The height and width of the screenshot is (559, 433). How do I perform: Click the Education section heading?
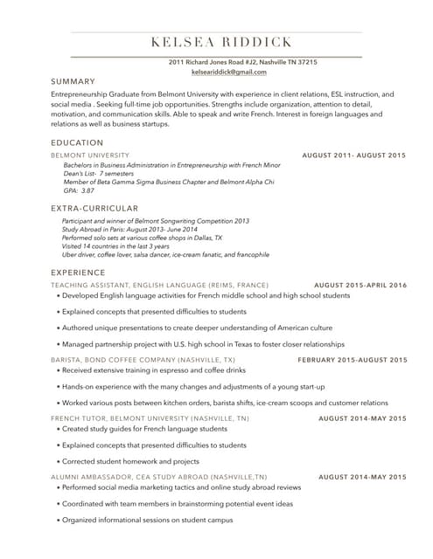77,142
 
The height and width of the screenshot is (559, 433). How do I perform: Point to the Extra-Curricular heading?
94,208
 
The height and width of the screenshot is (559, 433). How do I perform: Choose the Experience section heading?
81,273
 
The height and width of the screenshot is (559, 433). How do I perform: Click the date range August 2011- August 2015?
353,155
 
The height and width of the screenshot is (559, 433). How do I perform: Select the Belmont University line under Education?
86,155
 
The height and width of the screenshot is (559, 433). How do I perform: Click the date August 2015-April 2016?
360,286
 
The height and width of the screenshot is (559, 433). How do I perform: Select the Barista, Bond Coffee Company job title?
143,360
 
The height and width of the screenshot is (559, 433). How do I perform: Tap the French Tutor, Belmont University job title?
150,418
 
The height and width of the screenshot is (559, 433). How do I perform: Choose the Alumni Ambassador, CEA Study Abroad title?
159,477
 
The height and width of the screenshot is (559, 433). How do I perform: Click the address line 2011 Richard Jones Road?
242,63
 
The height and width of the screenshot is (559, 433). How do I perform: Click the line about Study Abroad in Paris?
136,229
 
